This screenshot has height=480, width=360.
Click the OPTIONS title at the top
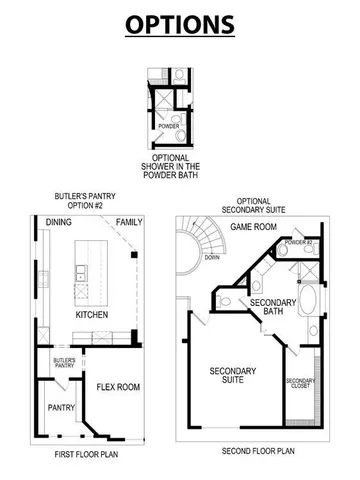[180, 24]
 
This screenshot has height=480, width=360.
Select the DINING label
[57, 221]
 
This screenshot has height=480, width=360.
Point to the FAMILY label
[128, 221]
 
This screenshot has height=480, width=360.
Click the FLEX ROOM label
[118, 386]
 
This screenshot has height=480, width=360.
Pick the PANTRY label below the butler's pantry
[61, 408]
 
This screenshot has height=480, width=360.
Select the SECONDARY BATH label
[270, 308]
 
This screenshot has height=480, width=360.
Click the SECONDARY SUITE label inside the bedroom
[234, 376]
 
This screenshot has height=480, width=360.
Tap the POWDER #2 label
[299, 243]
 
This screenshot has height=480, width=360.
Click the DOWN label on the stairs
[212, 257]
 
